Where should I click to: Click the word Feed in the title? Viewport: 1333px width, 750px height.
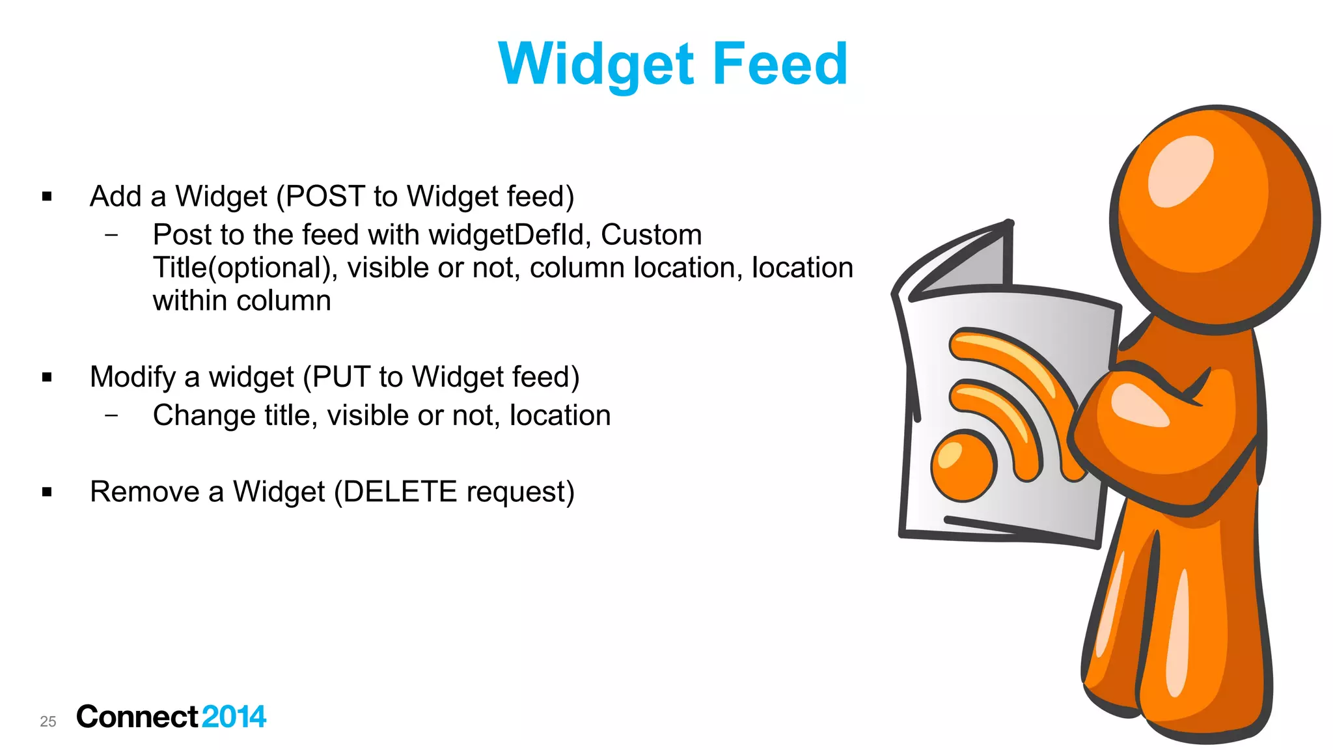click(780, 63)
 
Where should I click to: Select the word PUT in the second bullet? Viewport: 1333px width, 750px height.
click(340, 376)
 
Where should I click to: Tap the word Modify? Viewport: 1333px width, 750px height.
click(133, 377)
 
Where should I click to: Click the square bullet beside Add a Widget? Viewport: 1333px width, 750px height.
click(47, 196)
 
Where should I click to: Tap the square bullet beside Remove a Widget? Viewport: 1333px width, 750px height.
click(47, 492)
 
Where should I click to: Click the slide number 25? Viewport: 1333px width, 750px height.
click(48, 721)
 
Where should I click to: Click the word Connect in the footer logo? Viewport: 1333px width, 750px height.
click(137, 717)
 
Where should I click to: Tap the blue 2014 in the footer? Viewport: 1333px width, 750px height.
click(234, 717)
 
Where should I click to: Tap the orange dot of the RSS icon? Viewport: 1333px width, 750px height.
click(963, 465)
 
